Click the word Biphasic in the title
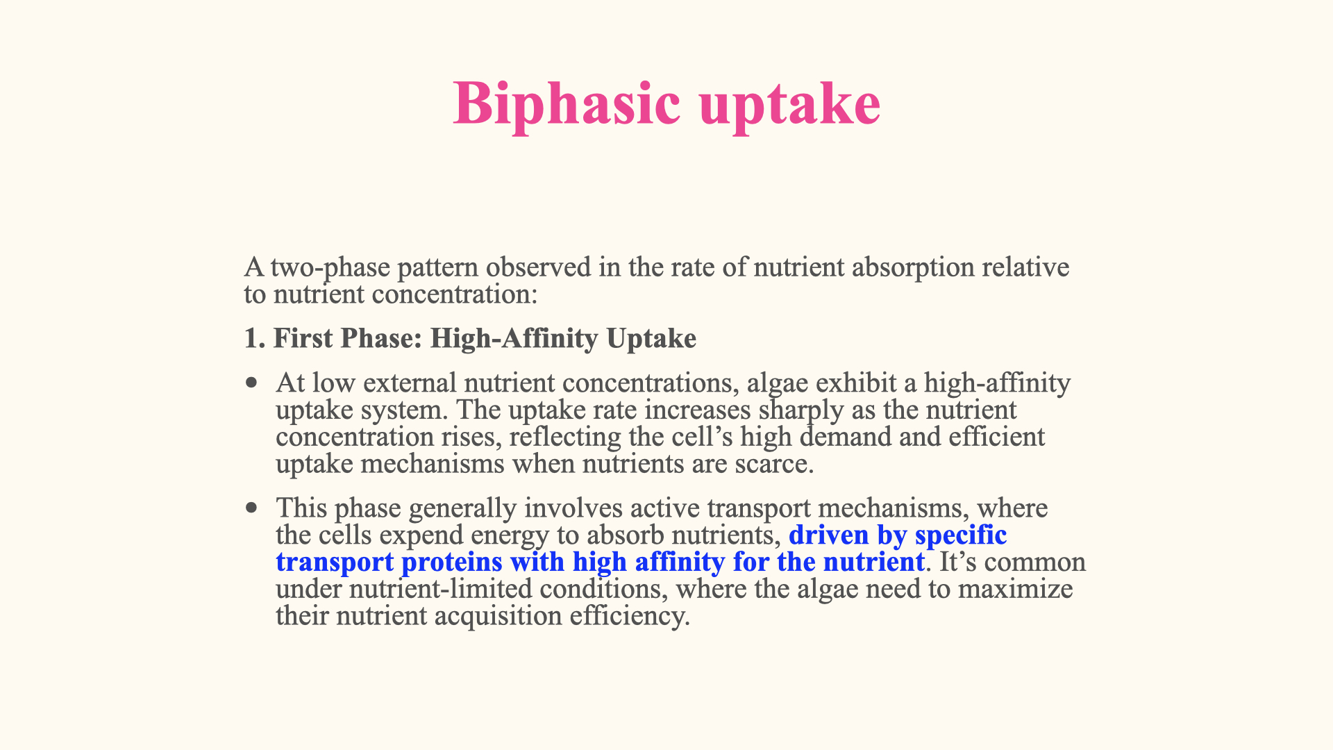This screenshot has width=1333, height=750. pos(567,104)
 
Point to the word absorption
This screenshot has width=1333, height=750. pos(912,267)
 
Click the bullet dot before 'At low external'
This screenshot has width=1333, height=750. pos(251,383)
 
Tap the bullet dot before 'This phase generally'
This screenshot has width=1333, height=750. pos(251,508)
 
